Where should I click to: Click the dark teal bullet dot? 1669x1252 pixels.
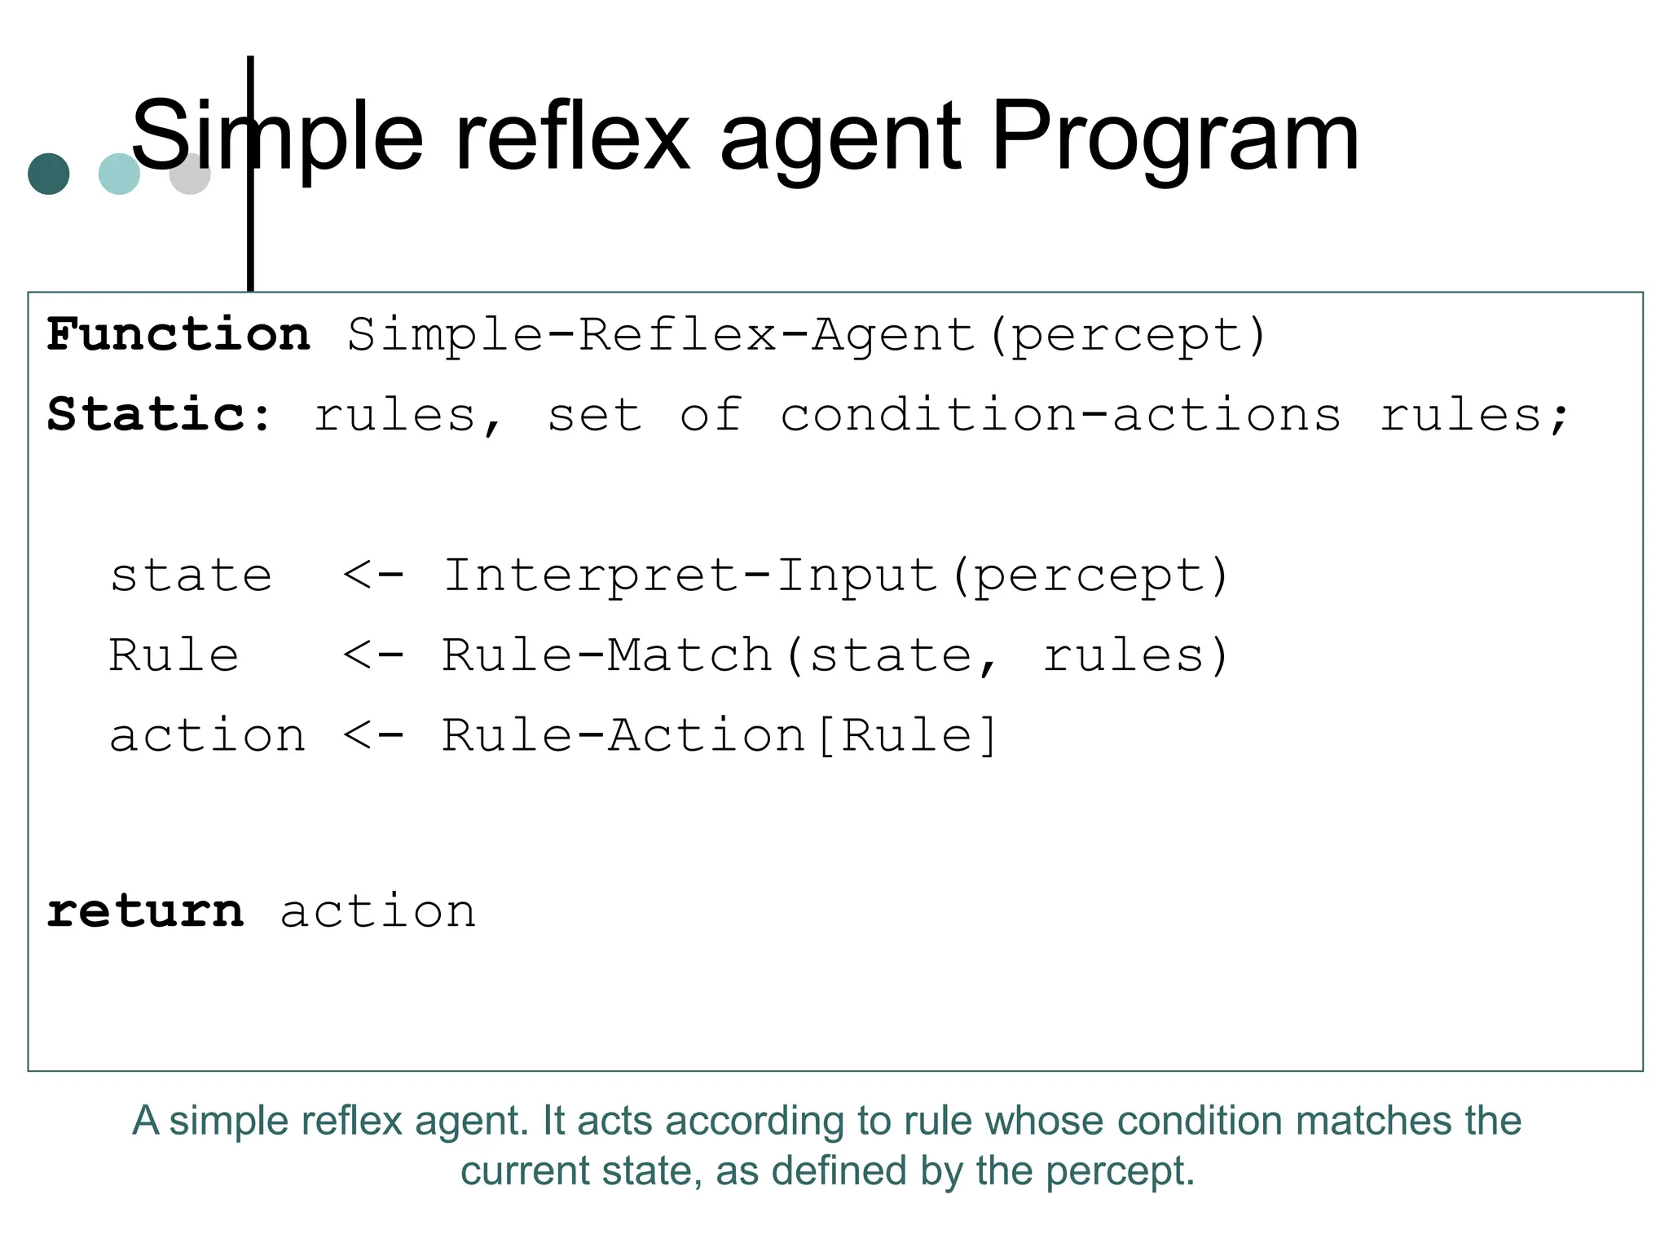pyautogui.click(x=49, y=174)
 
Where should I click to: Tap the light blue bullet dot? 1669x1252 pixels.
pyautogui.click(x=118, y=174)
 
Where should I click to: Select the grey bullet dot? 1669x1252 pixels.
pyautogui.click(x=191, y=174)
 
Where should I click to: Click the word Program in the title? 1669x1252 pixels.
pyautogui.click(x=1174, y=136)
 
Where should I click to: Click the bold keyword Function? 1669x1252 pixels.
pyautogui.click(x=178, y=334)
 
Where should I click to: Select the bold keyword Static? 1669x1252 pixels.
pyautogui.click(x=160, y=414)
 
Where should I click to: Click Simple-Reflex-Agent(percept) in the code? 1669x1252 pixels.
pyautogui.click(x=807, y=336)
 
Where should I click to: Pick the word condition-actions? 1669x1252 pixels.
pyautogui.click(x=1059, y=415)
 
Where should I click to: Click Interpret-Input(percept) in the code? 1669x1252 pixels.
pyautogui.click(x=835, y=576)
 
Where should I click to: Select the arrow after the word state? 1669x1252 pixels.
pyautogui.click(x=373, y=575)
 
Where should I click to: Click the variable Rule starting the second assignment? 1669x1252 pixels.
pyautogui.click(x=174, y=655)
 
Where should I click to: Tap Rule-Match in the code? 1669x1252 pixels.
pyautogui.click(x=606, y=655)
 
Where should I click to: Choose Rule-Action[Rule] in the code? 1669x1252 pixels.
pyautogui.click(x=719, y=735)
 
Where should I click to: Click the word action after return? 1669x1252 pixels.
pyautogui.click(x=378, y=910)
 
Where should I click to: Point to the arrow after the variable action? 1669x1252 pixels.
pyautogui.click(x=373, y=735)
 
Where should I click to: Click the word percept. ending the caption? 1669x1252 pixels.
pyautogui.click(x=1120, y=1171)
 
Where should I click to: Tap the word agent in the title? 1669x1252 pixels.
pyautogui.click(x=840, y=136)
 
